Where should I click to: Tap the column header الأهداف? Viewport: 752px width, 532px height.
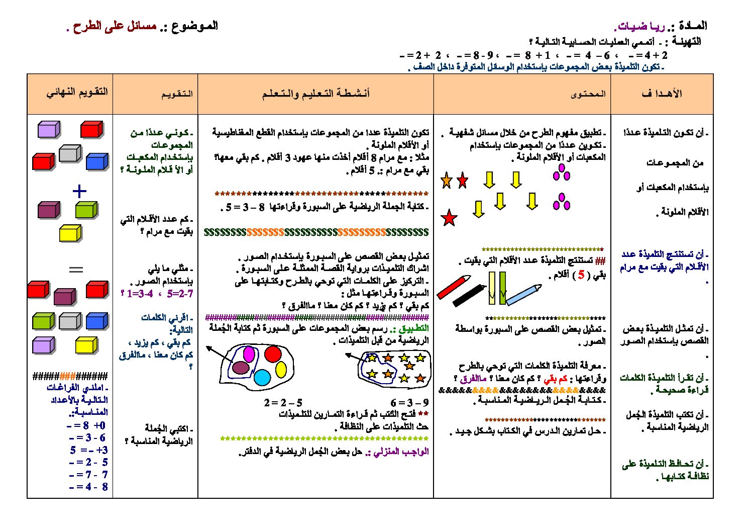tap(662, 94)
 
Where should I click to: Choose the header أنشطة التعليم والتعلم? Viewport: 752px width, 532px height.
tap(315, 94)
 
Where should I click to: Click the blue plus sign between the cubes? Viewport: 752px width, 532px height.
tap(79, 191)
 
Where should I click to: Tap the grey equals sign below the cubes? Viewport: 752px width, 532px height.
tap(76, 270)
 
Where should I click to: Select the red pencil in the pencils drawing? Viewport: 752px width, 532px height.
tap(453, 287)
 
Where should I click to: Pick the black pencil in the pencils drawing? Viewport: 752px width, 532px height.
tap(469, 296)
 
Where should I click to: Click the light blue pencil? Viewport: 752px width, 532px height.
tap(524, 295)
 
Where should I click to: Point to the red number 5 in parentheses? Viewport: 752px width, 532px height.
tap(581, 275)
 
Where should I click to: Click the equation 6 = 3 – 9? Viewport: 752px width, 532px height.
tap(409, 403)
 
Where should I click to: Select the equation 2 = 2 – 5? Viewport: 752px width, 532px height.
tap(283, 403)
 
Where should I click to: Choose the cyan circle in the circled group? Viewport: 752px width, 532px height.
tap(262, 377)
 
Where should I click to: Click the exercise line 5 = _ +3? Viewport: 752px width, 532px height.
tap(89, 450)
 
